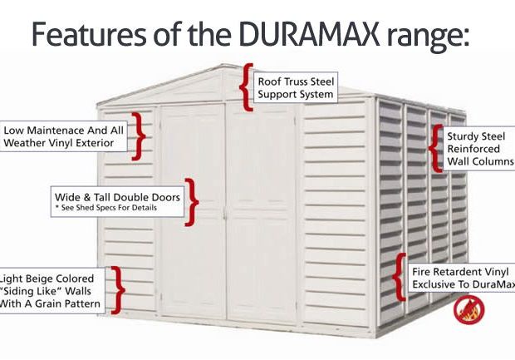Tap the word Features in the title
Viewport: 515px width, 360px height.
pyautogui.click(x=89, y=33)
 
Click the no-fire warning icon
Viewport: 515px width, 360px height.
pyautogui.click(x=468, y=309)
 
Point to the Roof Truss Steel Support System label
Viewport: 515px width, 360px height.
pyautogui.click(x=296, y=87)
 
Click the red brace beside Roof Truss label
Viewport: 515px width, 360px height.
pyautogui.click(x=246, y=86)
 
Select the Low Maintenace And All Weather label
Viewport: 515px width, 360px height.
pyautogui.click(x=63, y=136)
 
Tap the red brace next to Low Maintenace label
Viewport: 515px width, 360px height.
pyautogui.click(x=139, y=136)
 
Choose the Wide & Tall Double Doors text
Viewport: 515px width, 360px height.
pyautogui.click(x=117, y=197)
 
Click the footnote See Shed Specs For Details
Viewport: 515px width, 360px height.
pyautogui.click(x=106, y=208)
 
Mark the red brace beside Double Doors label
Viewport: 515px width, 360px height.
pyautogui.click(x=192, y=202)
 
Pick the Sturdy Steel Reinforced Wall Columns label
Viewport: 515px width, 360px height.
pyautogui.click(x=479, y=149)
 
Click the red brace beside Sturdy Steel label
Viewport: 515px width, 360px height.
pyautogui.click(x=435, y=148)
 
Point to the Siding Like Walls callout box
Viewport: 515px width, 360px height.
pyautogui.click(x=52, y=291)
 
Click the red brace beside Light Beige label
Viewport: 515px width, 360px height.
pyautogui.click(x=118, y=290)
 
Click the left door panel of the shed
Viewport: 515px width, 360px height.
pyautogui.click(x=193, y=211)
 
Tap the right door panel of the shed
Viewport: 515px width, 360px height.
pyautogui.click(x=262, y=213)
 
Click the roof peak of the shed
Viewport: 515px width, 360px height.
pyautogui.click(x=224, y=65)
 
